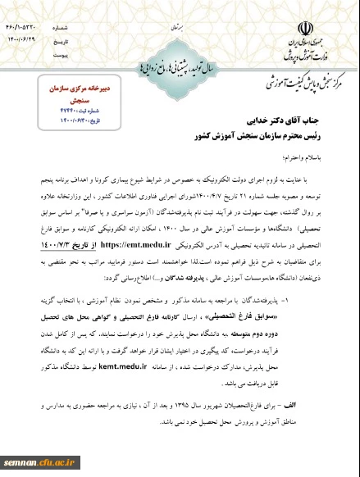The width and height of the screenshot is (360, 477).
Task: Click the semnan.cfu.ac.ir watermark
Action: pyautogui.click(x=32, y=465)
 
